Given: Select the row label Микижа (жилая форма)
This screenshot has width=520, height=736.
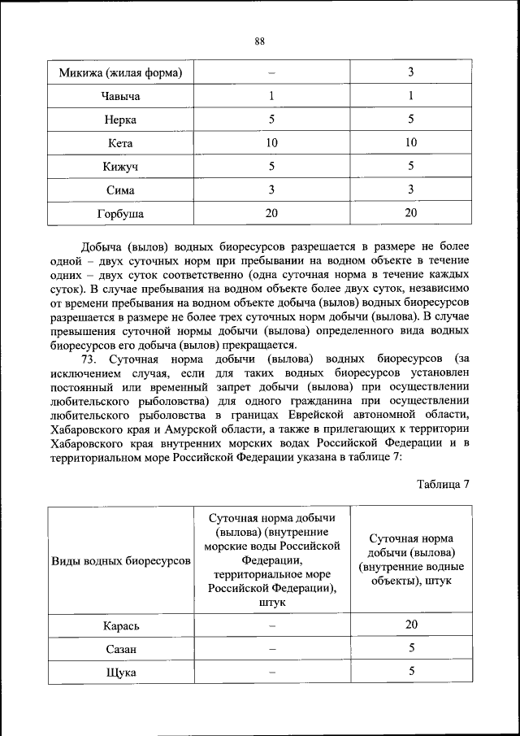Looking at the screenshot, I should pyautogui.click(x=120, y=73).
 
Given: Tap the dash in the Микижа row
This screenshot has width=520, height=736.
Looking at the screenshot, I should pyautogui.click(x=271, y=73).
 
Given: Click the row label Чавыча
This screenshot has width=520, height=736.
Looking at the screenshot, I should pyautogui.click(x=120, y=97).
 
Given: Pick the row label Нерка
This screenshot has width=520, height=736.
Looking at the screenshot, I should pyautogui.click(x=120, y=120).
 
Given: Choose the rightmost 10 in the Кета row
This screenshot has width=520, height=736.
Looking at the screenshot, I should pyautogui.click(x=411, y=143).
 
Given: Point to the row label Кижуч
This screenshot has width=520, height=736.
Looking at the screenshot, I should pyautogui.click(x=120, y=167).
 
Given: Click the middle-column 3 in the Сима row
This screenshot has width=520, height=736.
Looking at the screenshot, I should pyautogui.click(x=271, y=190).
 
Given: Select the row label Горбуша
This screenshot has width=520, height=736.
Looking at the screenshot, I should pyautogui.click(x=120, y=214).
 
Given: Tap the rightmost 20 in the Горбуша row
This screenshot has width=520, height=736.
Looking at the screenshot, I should pyautogui.click(x=411, y=214).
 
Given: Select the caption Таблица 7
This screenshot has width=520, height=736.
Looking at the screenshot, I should pyautogui.click(x=444, y=485).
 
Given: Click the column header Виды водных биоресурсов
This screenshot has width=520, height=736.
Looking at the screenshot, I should pyautogui.click(x=121, y=561).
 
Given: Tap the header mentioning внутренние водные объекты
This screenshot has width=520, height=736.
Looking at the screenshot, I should pyautogui.click(x=410, y=560).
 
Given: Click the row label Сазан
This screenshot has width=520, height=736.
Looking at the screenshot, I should pyautogui.click(x=121, y=649).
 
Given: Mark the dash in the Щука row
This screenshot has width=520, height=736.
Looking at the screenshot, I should pyautogui.click(x=272, y=673).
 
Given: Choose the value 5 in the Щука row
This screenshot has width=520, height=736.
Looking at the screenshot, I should pyautogui.click(x=411, y=672).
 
